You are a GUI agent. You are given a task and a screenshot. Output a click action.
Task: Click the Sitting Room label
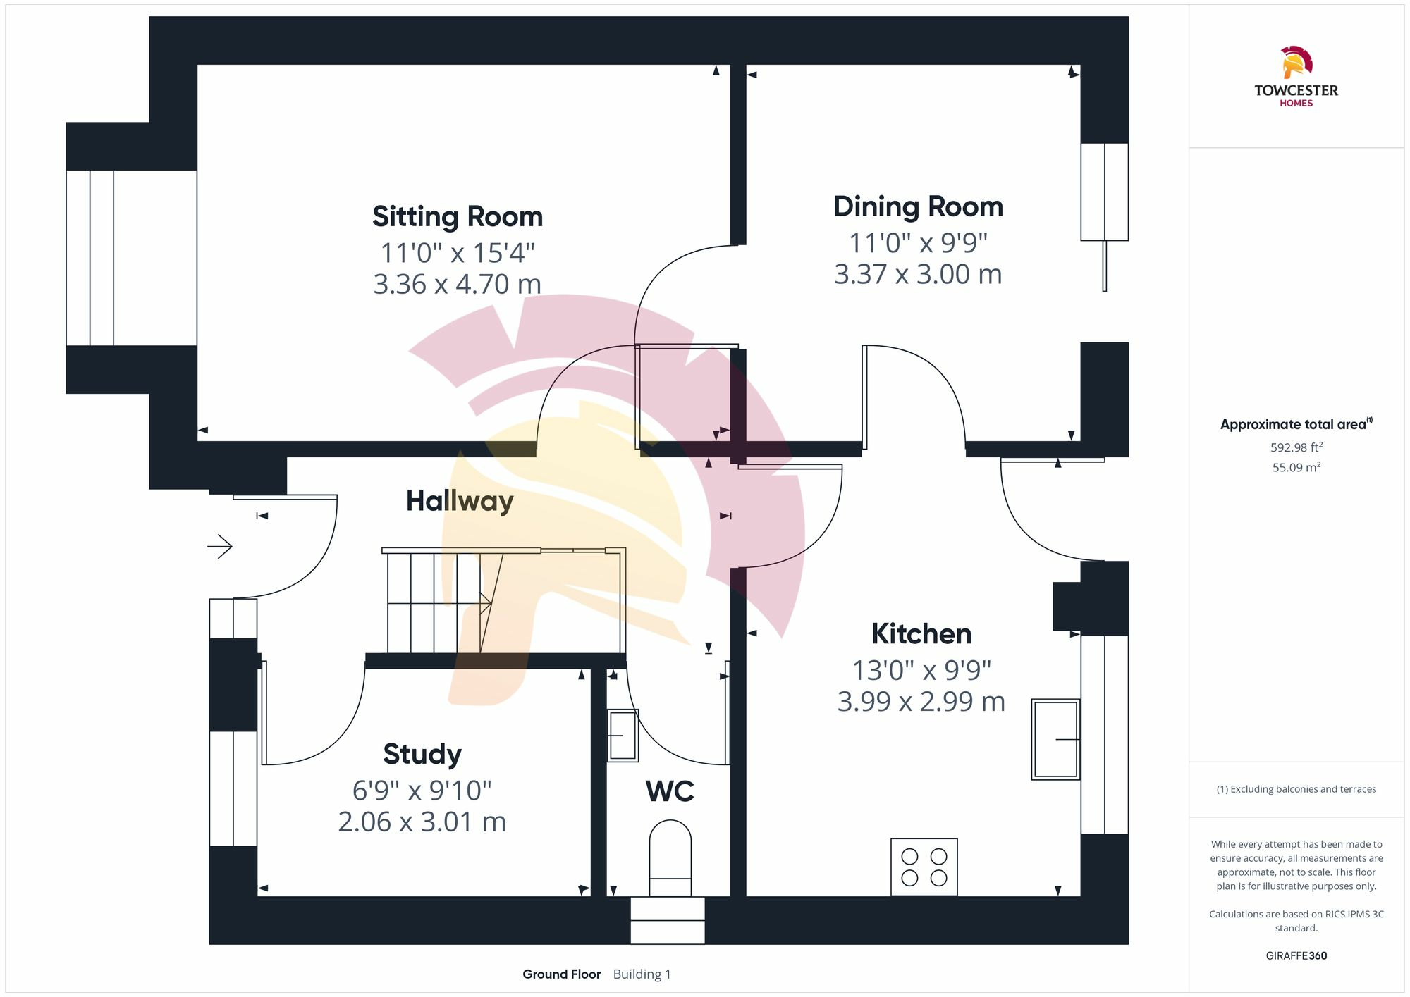(458, 216)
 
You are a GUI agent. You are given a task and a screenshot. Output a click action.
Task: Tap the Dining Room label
(918, 206)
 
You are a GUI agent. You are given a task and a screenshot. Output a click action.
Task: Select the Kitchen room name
(921, 633)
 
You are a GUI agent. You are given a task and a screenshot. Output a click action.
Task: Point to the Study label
(422, 755)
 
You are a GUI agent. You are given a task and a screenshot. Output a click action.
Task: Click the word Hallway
(460, 501)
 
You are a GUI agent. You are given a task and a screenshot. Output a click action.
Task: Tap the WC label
(670, 791)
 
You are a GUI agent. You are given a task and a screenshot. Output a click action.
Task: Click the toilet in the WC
(670, 858)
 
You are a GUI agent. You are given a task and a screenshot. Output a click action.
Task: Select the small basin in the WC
(623, 735)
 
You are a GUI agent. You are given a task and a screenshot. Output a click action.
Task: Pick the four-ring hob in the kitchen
(924, 867)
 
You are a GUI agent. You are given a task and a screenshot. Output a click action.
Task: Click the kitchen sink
(1055, 739)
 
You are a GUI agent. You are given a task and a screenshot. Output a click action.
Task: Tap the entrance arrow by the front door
(220, 546)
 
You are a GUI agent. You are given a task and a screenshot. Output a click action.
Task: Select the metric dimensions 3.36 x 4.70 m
(458, 284)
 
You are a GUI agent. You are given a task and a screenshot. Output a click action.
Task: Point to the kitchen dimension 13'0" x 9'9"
(921, 670)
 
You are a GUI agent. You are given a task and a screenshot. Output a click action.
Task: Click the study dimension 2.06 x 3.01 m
(422, 822)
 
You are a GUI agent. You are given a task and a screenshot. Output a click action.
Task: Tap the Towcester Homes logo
(1296, 76)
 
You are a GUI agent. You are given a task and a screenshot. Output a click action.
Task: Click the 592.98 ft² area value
(1296, 447)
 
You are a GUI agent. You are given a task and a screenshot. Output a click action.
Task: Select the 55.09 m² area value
(1296, 467)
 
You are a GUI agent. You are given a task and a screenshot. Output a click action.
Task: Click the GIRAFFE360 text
(1296, 955)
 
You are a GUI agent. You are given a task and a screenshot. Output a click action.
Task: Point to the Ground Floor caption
(561, 974)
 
